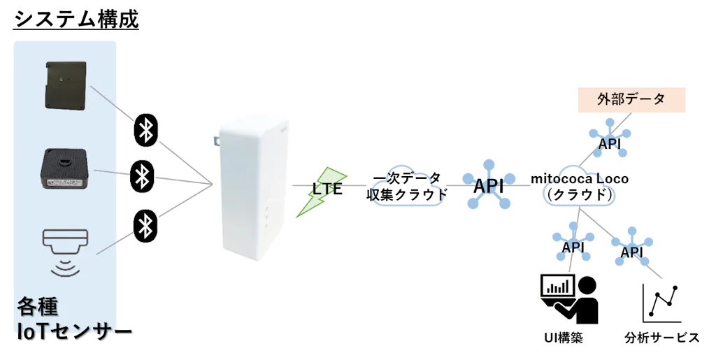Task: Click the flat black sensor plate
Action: (x=67, y=85)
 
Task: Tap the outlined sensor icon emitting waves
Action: (x=66, y=241)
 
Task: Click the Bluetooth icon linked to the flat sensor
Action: (x=145, y=131)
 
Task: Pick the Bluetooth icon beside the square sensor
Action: (x=145, y=178)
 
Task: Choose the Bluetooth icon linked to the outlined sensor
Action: (x=145, y=225)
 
